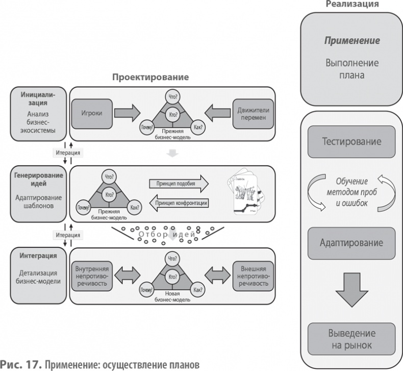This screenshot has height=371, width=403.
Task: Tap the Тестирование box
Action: (x=351, y=141)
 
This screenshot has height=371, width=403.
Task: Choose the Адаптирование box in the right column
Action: (x=351, y=243)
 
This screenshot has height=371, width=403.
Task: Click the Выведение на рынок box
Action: (x=351, y=339)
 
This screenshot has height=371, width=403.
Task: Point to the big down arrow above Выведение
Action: (x=351, y=289)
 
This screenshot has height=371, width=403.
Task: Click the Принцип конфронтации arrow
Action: (x=178, y=203)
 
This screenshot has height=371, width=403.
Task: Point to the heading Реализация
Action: (x=351, y=4)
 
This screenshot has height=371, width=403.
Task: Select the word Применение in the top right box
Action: (x=351, y=40)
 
